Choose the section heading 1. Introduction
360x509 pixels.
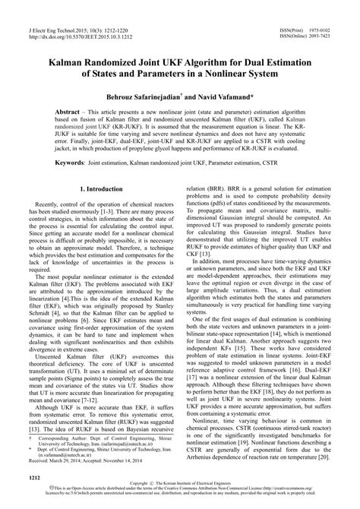pos(102,208)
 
